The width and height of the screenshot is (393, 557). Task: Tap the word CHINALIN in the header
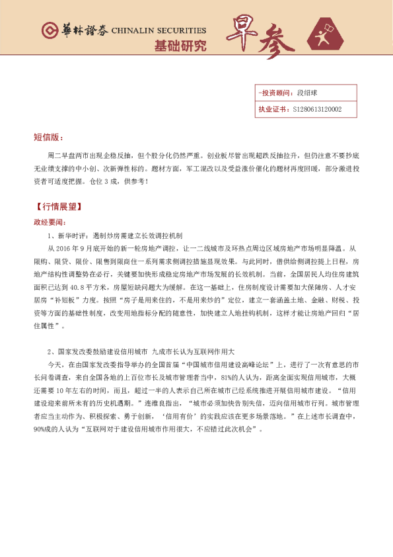131,30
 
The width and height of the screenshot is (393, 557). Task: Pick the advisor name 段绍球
308,93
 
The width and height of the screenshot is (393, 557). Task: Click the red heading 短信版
48,138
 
